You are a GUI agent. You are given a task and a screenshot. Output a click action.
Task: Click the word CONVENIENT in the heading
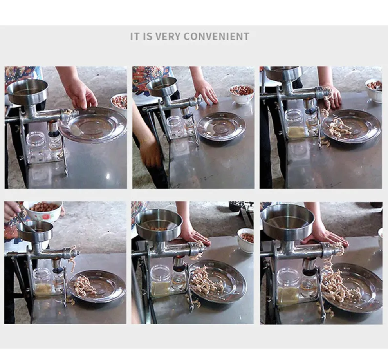click(x=217, y=36)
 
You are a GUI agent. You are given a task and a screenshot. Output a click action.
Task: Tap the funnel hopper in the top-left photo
click(x=27, y=91)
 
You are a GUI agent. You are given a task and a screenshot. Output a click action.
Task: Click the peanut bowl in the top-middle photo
click(x=242, y=94)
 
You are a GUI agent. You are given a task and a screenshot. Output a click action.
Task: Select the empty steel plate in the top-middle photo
click(x=221, y=127)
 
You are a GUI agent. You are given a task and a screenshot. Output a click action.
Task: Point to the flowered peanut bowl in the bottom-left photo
click(x=43, y=210)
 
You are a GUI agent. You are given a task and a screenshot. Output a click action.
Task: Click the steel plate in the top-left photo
click(x=93, y=125)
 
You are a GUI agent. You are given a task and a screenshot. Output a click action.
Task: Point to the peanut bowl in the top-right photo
click(x=374, y=90)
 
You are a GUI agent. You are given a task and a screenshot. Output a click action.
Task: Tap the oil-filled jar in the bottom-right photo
click(x=288, y=287)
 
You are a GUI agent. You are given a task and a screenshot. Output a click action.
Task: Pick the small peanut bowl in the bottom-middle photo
click(x=246, y=240)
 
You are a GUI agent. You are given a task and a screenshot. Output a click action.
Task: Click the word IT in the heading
click(x=135, y=36)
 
